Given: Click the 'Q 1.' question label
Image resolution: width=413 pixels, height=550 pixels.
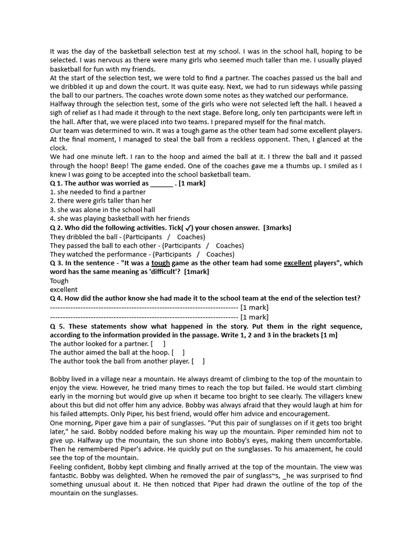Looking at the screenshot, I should point(56,183).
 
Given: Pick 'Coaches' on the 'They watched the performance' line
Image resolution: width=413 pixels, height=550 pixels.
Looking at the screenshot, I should point(220,254).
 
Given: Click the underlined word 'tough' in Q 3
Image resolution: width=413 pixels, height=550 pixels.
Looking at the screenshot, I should point(160,263).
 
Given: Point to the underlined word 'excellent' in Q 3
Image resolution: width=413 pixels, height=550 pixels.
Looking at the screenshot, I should point(297,263).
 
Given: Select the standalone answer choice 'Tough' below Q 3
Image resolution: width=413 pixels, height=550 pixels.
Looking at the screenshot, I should point(59,280).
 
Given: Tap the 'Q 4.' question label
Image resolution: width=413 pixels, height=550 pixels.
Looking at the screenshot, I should point(56,298).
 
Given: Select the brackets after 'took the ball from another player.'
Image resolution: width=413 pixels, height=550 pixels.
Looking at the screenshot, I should point(198,361).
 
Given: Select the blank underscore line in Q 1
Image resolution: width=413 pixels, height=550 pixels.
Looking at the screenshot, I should point(161,183).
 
